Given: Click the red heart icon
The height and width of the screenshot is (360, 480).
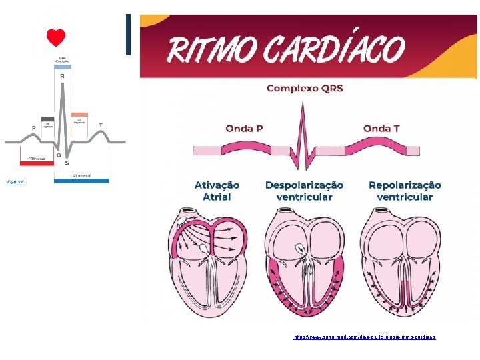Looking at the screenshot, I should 55,37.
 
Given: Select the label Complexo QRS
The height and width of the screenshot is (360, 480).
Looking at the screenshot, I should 305,88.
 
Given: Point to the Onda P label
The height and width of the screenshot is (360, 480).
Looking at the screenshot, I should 248,128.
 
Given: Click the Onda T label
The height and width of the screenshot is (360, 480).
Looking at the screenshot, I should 386,128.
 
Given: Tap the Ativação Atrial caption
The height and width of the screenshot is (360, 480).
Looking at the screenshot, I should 216,191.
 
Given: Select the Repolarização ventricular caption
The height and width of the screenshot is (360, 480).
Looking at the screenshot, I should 405,191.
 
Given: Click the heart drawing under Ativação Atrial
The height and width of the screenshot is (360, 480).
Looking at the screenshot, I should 212,257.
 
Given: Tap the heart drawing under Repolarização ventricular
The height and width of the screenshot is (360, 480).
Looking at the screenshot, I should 403,257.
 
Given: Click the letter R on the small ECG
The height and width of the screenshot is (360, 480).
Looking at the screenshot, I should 63,77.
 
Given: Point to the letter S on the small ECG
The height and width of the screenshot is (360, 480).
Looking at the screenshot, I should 67,163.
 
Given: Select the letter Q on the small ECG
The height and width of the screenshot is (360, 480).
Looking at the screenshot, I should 58,155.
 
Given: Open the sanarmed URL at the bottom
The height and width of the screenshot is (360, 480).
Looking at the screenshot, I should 364,337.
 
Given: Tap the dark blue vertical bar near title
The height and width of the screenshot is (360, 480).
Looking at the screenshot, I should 128,35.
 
